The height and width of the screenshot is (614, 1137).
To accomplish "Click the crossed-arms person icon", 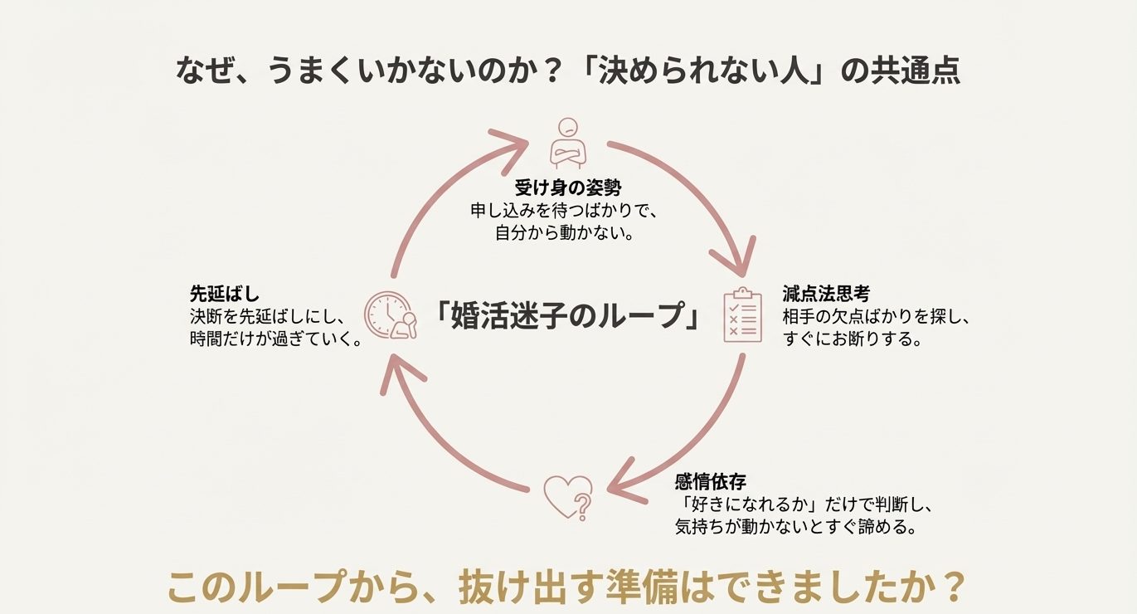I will click(568, 142).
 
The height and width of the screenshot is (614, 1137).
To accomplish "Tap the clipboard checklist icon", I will click(742, 315).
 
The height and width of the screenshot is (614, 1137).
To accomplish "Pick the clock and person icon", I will click(391, 315).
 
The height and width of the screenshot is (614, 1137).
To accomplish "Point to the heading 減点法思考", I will click(825, 294).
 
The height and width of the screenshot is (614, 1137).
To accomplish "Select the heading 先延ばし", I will click(225, 294).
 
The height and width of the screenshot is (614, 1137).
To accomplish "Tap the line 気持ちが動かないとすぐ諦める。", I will click(795, 528).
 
